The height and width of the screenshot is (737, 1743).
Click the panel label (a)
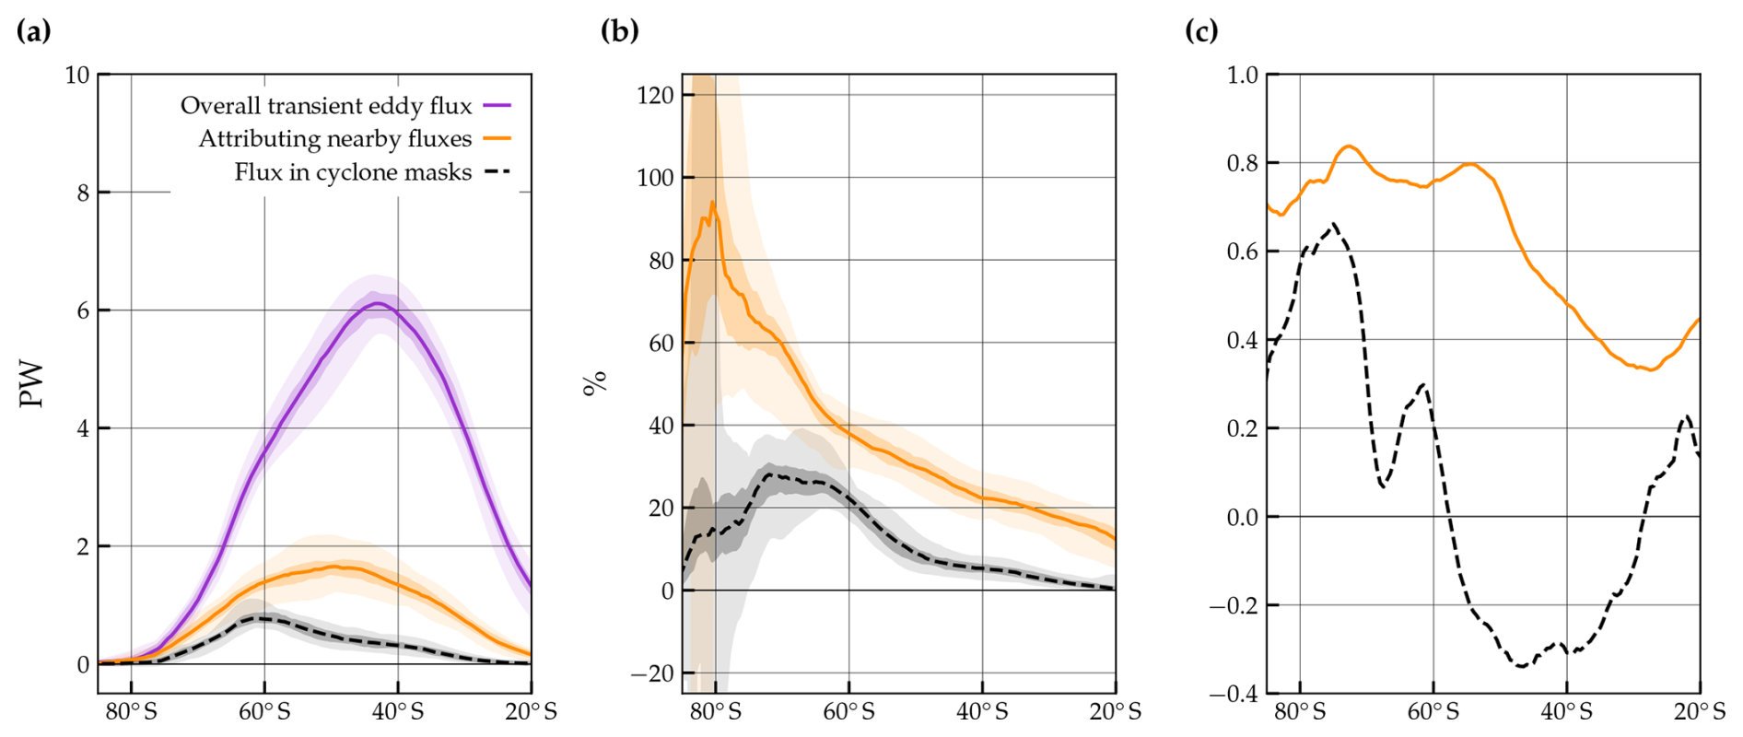tap(34, 31)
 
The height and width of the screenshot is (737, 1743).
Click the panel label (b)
tap(619, 31)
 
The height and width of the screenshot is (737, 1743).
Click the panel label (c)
tap(1201, 31)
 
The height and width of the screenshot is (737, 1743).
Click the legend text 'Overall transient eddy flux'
tap(326, 106)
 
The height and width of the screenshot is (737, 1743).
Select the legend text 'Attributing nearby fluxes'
tap(335, 139)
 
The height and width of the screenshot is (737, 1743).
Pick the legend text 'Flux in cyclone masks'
tap(353, 172)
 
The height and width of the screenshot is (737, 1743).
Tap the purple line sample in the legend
tap(497, 106)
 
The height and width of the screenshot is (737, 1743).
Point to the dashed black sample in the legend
tap(497, 172)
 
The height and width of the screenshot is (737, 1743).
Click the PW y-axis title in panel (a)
tap(32, 384)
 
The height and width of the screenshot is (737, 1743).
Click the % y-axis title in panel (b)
tap(596, 381)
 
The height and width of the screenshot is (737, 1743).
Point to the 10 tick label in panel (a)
tap(77, 75)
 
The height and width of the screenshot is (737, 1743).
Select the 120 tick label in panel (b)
tap(655, 95)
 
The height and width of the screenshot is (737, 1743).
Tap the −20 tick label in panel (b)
tap(652, 673)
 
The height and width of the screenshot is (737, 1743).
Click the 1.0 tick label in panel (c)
tap(1242, 75)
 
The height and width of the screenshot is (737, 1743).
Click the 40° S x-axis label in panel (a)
tap(399, 712)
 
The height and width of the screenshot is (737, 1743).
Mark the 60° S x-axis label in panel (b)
tap(849, 712)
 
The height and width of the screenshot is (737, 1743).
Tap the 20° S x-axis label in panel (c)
tap(1701, 712)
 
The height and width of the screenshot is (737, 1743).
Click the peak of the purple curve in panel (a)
tap(378, 303)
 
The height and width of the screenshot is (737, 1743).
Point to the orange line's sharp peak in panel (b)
tap(712, 202)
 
